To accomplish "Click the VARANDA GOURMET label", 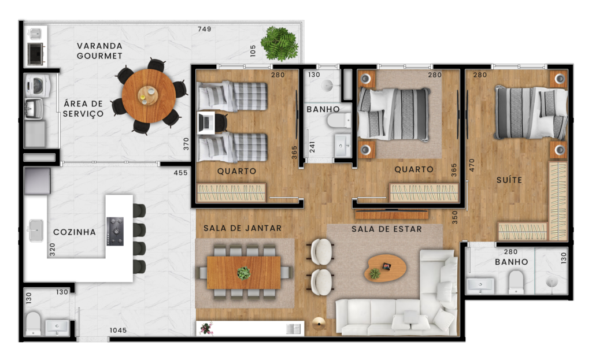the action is (99, 51).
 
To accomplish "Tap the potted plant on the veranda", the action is (280, 43).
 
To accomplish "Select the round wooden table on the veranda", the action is (149, 95).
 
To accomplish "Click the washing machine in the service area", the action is (38, 86).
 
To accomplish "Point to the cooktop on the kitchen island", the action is (115, 231).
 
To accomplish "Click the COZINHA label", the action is (75, 232).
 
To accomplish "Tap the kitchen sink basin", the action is (36, 230).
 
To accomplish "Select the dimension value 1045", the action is (118, 330).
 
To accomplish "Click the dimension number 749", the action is (205, 29).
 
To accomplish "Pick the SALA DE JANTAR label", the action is (242, 228).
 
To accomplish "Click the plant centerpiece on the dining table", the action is (244, 273).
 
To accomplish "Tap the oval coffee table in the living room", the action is (385, 268).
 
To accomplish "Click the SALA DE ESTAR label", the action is (387, 229).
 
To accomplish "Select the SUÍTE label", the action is (509, 180).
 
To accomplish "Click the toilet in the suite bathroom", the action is (516, 282).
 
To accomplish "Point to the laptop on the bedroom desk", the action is (206, 123).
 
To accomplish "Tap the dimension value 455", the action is (180, 172).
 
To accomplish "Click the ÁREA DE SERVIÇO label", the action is (83, 109).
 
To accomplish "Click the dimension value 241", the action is (312, 147).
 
